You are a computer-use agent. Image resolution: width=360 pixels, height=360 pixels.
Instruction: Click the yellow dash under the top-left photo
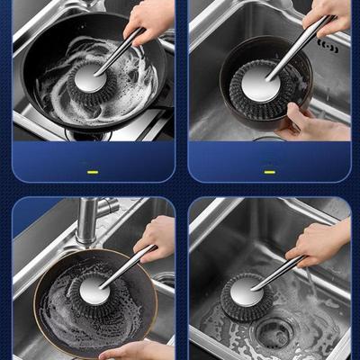[x=91, y=171]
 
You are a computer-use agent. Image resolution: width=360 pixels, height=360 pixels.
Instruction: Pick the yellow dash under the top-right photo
[x=269, y=171]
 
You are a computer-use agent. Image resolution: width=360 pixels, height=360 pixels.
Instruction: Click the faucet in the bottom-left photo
[x=88, y=220]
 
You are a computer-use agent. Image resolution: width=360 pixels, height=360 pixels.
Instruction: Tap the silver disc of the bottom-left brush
[x=93, y=288]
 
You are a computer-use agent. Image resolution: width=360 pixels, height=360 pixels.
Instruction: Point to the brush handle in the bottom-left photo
[x=128, y=265]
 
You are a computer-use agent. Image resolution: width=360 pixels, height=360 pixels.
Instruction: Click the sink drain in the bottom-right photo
[x=273, y=333]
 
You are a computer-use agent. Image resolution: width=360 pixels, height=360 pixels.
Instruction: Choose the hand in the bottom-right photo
[x=319, y=241]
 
